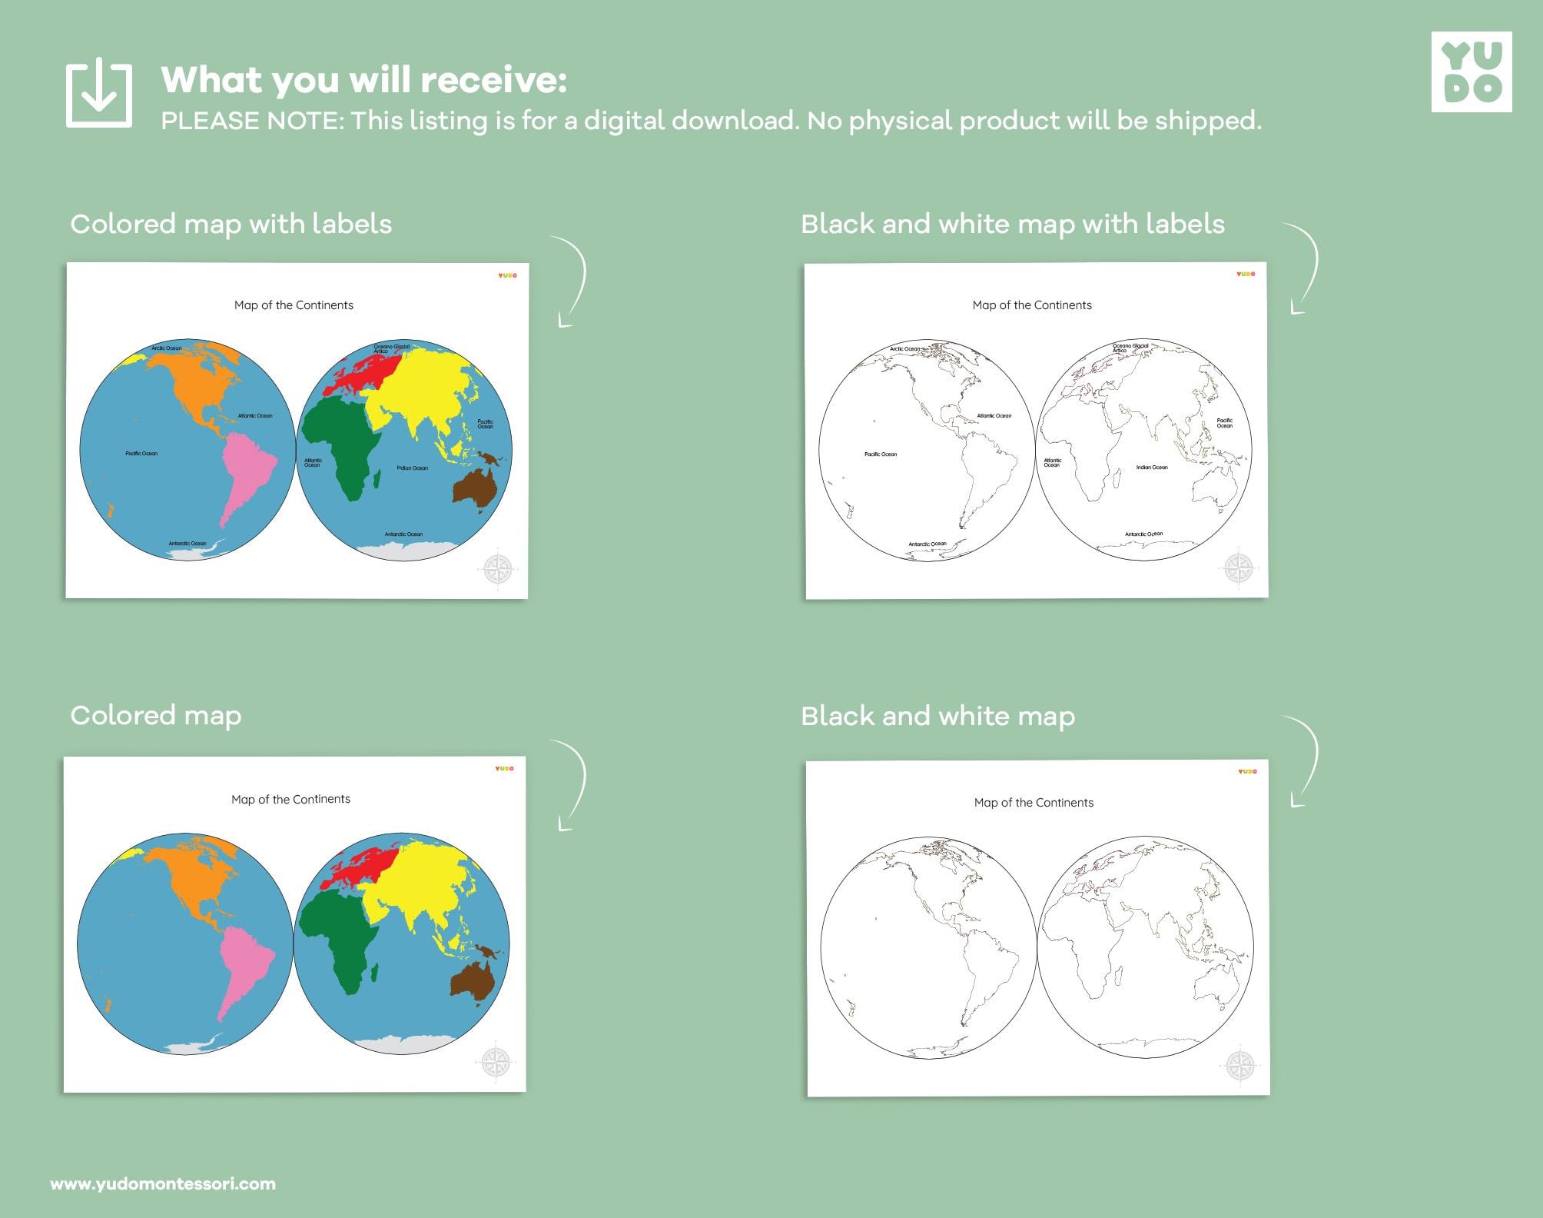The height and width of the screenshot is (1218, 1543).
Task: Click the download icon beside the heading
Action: [98, 95]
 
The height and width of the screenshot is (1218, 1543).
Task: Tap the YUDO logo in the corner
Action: [1471, 72]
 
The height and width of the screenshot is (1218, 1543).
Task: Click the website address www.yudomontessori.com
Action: [163, 1184]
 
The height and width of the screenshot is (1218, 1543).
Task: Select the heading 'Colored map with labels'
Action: [231, 224]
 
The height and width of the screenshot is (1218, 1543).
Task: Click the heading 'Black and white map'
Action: [937, 716]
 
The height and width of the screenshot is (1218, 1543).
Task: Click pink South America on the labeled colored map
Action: [246, 469]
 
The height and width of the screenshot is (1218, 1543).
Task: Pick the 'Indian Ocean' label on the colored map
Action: [413, 468]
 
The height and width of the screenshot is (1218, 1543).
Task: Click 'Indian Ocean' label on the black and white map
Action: [1152, 468]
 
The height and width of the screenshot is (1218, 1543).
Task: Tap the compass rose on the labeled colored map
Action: [498, 570]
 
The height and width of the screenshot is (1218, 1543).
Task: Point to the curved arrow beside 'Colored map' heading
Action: [572, 784]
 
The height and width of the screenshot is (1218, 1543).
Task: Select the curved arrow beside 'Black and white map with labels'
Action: [1304, 269]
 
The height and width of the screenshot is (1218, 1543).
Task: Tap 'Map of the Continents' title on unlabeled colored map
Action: [290, 800]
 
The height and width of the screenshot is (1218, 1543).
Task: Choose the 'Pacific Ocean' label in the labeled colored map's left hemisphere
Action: [141, 454]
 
